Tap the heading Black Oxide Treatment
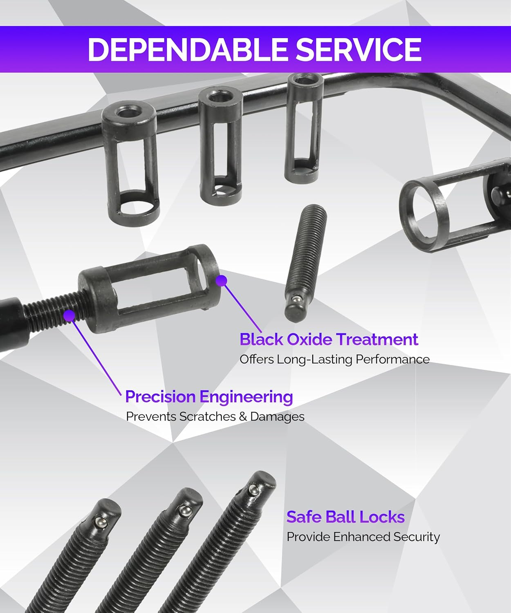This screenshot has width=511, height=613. coord(329,340)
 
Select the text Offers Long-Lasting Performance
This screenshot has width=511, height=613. coord(334,360)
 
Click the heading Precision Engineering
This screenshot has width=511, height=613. coord(209,397)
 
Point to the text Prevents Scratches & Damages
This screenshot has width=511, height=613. coord(215,417)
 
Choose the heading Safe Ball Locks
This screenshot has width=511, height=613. coord(345,517)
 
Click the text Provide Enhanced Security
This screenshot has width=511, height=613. coord(363,537)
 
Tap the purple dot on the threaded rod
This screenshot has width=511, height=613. coord(69,315)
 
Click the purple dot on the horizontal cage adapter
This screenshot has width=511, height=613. coord(221,281)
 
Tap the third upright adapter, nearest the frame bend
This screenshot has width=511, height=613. coord(303,127)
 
